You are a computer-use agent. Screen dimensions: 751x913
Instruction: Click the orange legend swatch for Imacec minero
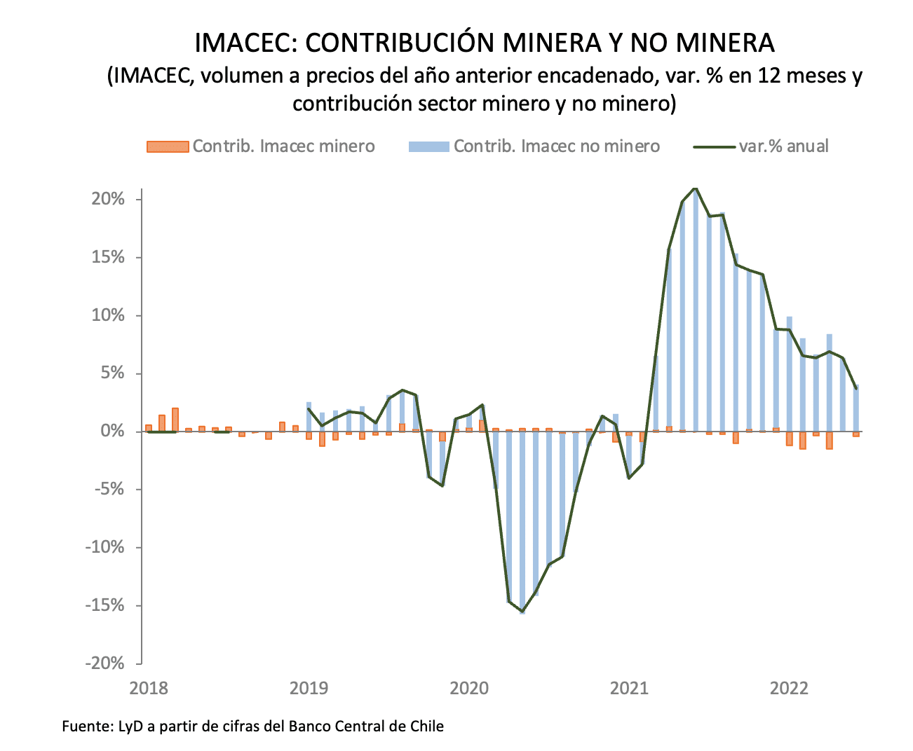tap(168, 146)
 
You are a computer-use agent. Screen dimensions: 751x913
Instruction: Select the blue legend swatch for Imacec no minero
tap(428, 146)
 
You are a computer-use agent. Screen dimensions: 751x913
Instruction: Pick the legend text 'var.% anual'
tap(783, 146)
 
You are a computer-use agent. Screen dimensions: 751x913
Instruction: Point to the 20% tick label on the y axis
tap(109, 200)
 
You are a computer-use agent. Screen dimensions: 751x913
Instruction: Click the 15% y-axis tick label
tap(109, 258)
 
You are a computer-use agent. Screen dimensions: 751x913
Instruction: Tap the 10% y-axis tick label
tap(109, 316)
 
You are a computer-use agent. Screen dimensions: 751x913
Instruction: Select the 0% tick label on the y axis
tap(114, 432)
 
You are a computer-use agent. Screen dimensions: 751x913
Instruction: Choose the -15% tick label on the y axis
tap(105, 605)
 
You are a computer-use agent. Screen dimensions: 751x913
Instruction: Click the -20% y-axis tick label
tap(105, 663)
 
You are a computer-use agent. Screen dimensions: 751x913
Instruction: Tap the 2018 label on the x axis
tap(149, 688)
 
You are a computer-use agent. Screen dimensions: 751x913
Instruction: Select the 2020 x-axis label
tap(469, 688)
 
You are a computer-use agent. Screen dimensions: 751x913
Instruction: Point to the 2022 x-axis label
tap(790, 688)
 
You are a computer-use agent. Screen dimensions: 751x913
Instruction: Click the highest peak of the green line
tap(695, 188)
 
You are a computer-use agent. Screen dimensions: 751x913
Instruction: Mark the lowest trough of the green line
tap(522, 612)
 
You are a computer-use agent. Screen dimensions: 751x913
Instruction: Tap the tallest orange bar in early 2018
tap(175, 419)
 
